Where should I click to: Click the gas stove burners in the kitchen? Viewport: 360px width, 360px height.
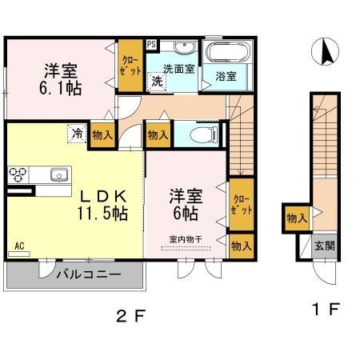pyautogui.click(x=18, y=174)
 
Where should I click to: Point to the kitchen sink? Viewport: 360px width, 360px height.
pyautogui.click(x=58, y=174)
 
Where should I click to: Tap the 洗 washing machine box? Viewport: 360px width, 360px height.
pyautogui.click(x=158, y=82)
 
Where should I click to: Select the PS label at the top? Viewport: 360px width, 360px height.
pyautogui.click(x=150, y=44)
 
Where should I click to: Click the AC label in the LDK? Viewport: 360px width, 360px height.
pyautogui.click(x=18, y=246)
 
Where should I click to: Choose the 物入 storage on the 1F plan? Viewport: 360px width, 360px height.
pyautogui.click(x=296, y=218)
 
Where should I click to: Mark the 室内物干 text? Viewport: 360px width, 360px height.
pyautogui.click(x=185, y=238)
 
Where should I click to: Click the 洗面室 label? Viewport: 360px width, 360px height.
pyautogui.click(x=179, y=69)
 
